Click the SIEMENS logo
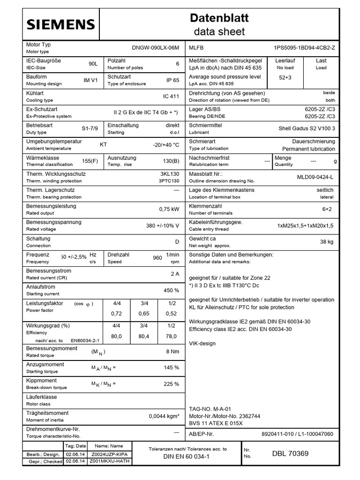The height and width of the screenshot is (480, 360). (x=60, y=24)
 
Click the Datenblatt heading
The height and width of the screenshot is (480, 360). (x=219, y=18)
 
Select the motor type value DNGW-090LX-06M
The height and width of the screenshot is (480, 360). (x=156, y=48)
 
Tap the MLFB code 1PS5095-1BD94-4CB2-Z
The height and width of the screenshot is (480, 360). (x=304, y=48)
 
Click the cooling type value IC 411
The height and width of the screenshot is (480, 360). (x=171, y=97)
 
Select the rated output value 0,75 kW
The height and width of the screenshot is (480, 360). (x=169, y=209)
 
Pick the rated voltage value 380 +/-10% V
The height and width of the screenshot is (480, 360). (x=162, y=225)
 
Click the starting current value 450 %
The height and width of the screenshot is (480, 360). (x=171, y=290)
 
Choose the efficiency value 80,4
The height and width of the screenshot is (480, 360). (x=144, y=336)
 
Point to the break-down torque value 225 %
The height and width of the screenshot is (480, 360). (x=171, y=384)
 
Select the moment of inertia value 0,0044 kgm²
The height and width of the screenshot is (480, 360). (x=164, y=416)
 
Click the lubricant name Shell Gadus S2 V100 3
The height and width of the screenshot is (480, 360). (x=307, y=128)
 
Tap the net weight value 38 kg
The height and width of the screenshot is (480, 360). (x=326, y=241)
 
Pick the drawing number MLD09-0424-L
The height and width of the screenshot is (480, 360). (x=315, y=177)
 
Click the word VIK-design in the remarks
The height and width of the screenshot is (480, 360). (x=202, y=343)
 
